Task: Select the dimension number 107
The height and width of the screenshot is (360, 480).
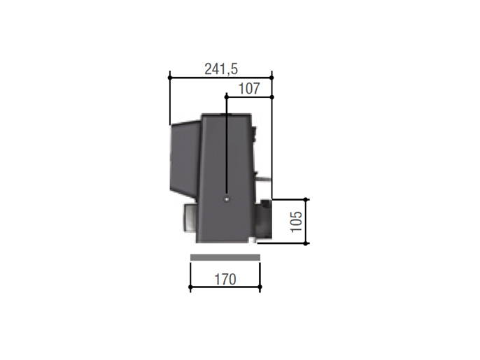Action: coord(248,89)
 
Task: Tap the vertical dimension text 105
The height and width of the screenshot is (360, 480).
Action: coord(295,222)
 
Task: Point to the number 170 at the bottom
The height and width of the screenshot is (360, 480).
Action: coord(225,280)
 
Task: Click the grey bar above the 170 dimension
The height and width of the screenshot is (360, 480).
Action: coord(225,257)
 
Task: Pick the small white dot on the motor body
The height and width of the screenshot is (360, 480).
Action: coord(226,199)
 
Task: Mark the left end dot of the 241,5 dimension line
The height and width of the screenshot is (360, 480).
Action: coord(169,77)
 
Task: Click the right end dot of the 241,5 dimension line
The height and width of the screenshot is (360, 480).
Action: coord(271,77)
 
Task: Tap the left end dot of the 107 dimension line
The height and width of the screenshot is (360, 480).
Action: coord(226,96)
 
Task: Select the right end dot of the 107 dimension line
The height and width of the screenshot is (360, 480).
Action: coord(271,96)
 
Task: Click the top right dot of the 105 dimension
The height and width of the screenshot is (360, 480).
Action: coord(306,199)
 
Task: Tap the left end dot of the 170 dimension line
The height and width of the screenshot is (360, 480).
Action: coord(190,287)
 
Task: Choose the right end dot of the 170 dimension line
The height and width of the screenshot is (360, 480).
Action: coord(260,287)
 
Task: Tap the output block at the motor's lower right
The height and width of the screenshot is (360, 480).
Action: coord(263,220)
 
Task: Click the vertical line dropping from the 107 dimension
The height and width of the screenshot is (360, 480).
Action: coord(226,147)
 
